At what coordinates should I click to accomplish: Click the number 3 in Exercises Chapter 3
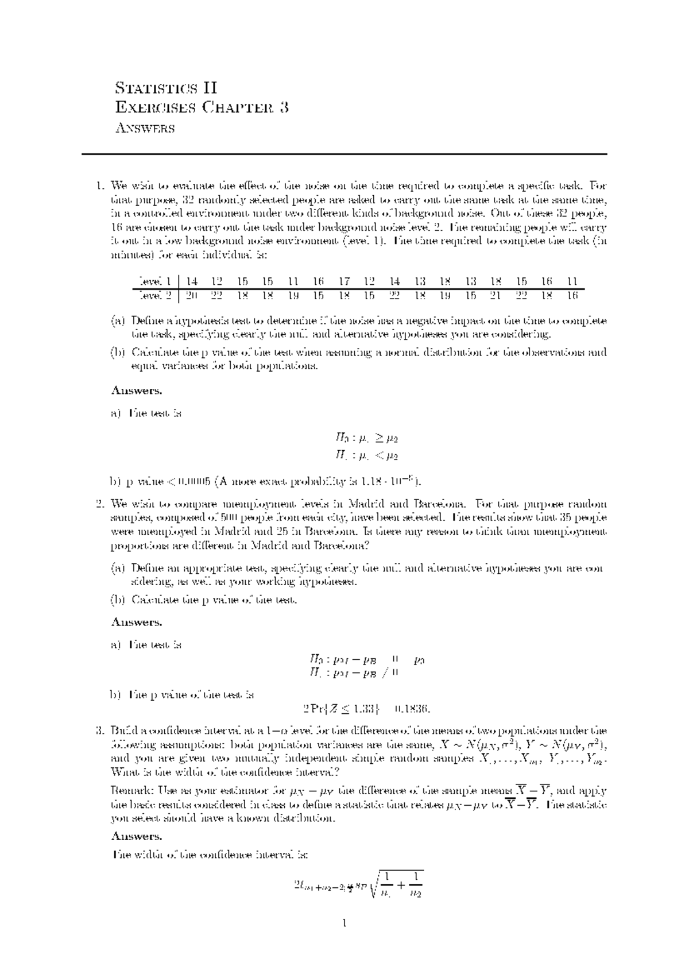tap(284, 107)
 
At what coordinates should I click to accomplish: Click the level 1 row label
tap(154, 281)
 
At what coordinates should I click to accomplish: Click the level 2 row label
tap(154, 296)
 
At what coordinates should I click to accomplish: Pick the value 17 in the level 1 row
tap(344, 281)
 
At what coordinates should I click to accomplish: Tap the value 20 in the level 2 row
tap(192, 296)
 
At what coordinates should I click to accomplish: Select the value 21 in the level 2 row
tap(496, 296)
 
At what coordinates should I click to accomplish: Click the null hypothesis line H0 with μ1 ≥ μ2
tap(366, 438)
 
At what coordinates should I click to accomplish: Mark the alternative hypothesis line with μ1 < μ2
tap(366, 456)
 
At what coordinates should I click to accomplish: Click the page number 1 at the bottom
tap(344, 924)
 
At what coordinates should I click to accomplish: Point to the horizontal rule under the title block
tap(344, 154)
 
